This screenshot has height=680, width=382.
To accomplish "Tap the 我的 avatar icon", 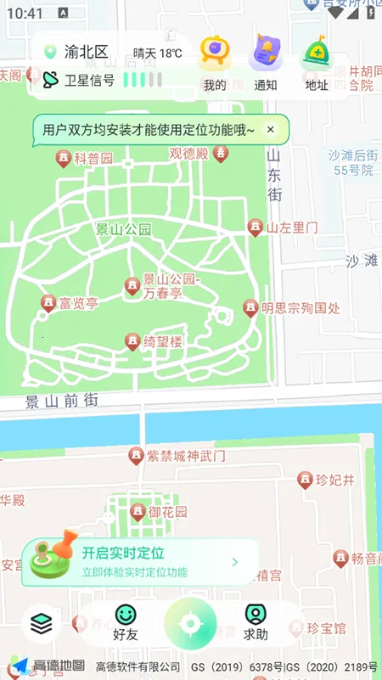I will pyautogui.click(x=215, y=55).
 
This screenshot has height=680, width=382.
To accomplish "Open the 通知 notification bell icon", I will pyautogui.click(x=266, y=55).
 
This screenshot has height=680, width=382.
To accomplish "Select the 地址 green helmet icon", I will pyautogui.click(x=317, y=55).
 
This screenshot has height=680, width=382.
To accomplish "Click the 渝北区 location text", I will pyautogui.click(x=87, y=53).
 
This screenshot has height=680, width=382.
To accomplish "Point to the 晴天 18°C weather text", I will pyautogui.click(x=158, y=53).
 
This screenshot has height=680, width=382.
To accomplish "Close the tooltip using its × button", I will pyautogui.click(x=271, y=129).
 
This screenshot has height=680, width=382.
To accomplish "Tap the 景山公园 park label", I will pyautogui.click(x=123, y=229).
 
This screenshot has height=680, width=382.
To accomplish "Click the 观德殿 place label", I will pyautogui.click(x=188, y=154).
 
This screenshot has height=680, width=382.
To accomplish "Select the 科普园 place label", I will pyautogui.click(x=93, y=159).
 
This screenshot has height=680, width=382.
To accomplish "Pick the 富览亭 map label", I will pyautogui.click(x=78, y=303).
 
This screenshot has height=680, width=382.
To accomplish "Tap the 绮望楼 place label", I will pyautogui.click(x=162, y=342).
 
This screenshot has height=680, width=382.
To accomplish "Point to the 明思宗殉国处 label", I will pyautogui.click(x=301, y=308).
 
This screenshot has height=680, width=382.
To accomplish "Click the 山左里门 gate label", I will pyautogui.click(x=292, y=228).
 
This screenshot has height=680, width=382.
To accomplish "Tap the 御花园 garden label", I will pyautogui.click(x=167, y=512).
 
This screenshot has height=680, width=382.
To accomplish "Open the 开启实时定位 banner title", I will pyautogui.click(x=123, y=554).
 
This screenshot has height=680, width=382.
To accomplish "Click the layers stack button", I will pyautogui.click(x=41, y=624).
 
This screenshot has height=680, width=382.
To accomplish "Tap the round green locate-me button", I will pyautogui.click(x=191, y=625).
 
